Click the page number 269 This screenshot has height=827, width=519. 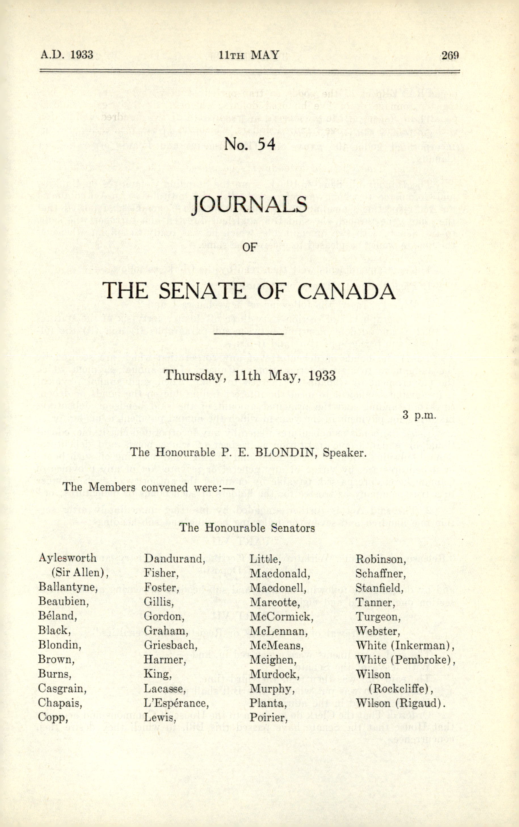(450, 55)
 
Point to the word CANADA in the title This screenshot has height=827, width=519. (346, 291)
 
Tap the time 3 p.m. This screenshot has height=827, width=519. (419, 416)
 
